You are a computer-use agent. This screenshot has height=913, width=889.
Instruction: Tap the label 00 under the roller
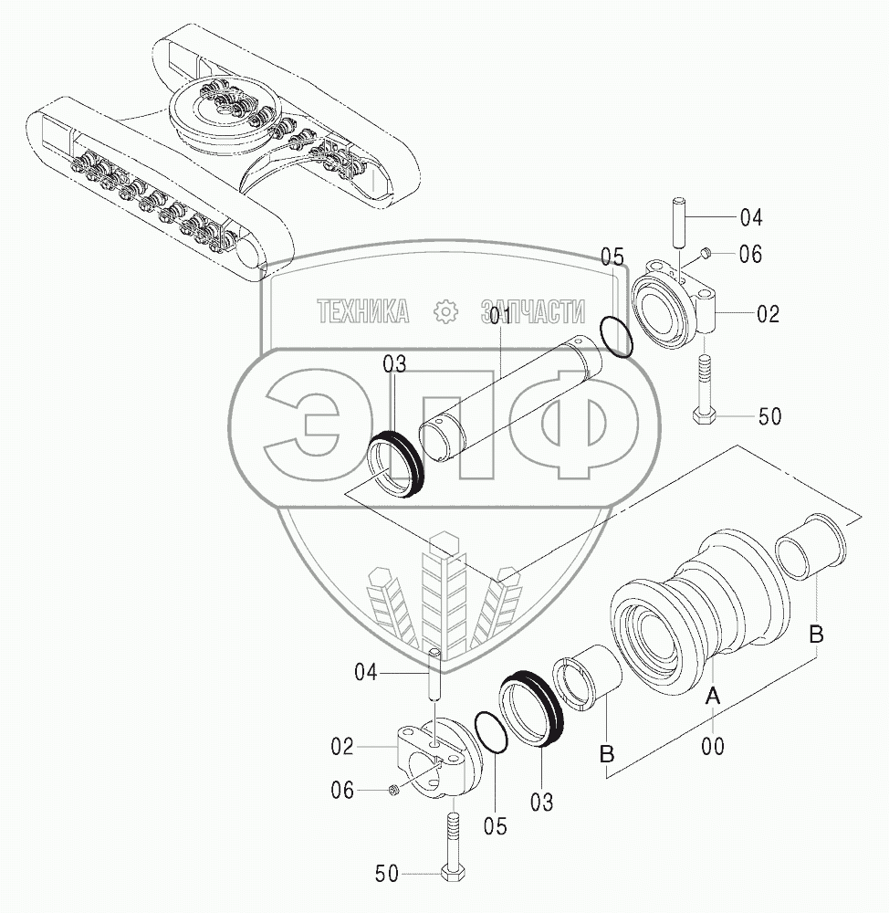[713, 747]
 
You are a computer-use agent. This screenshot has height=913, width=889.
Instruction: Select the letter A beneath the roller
[714, 696]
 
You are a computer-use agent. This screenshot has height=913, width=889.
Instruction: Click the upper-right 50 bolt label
[770, 417]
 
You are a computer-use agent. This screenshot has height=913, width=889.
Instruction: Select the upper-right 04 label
[750, 217]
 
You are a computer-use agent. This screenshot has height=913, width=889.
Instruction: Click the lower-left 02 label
[342, 747]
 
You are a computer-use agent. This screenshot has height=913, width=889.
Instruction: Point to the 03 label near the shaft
[394, 365]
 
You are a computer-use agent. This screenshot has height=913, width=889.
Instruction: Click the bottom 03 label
[541, 803]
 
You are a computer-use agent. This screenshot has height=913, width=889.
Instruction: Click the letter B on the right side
[817, 634]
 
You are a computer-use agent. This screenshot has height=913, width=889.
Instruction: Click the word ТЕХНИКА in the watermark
[362, 312]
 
